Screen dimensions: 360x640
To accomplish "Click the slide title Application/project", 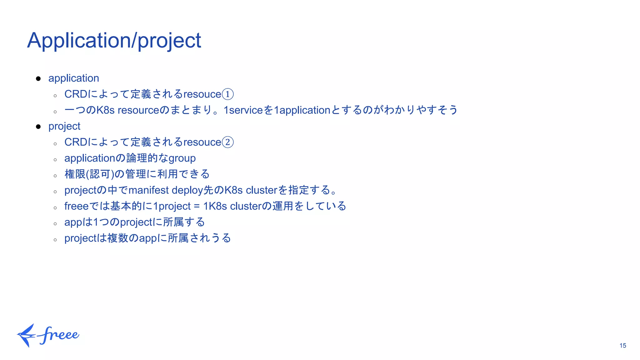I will [114, 40].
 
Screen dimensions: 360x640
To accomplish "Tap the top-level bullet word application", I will [73, 78].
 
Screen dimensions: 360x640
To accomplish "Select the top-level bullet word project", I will [64, 126].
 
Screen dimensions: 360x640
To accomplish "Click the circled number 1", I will [227, 94].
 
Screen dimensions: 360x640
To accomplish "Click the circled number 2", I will [227, 142].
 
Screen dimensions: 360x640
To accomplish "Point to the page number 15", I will [622, 346].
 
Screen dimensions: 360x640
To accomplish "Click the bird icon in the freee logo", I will [26, 335].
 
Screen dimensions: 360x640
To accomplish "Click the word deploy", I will [187, 190].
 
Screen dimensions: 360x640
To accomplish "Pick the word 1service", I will [243, 110].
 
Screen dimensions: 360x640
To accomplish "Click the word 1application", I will [302, 110].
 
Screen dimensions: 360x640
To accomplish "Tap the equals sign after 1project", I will [197, 206].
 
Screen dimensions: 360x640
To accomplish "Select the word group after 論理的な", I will [182, 158].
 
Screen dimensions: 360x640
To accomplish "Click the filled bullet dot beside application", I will [38, 78].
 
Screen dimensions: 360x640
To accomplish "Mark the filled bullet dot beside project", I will [38, 127].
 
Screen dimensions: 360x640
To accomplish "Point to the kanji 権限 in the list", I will [75, 174].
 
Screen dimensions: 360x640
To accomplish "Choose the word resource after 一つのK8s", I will [138, 110].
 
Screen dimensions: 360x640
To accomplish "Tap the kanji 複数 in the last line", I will [118, 238].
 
